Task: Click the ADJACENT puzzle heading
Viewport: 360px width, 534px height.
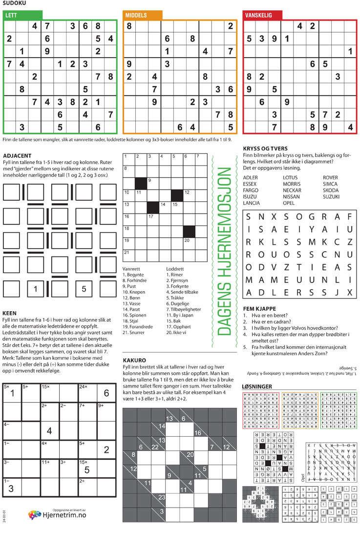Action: point(18,156)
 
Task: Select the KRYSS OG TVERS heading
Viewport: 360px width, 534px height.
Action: point(265,149)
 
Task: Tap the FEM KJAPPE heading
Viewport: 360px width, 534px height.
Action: point(259,309)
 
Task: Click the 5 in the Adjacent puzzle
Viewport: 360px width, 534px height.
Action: point(84,289)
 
